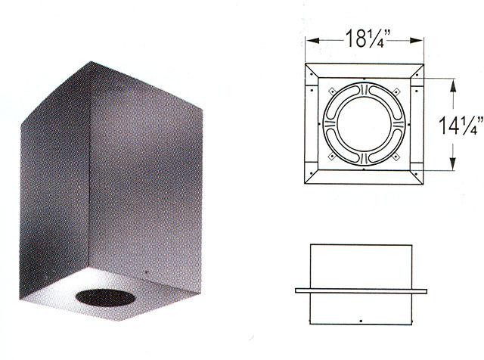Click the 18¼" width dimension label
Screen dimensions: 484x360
point(365,39)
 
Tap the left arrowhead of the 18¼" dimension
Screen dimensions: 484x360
point(312,40)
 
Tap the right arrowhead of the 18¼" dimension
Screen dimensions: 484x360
point(416,40)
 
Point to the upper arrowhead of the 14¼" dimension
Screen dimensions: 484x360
point(453,85)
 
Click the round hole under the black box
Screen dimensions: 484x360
point(105,298)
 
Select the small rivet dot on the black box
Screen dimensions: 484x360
point(146,272)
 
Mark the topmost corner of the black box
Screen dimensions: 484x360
point(91,62)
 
